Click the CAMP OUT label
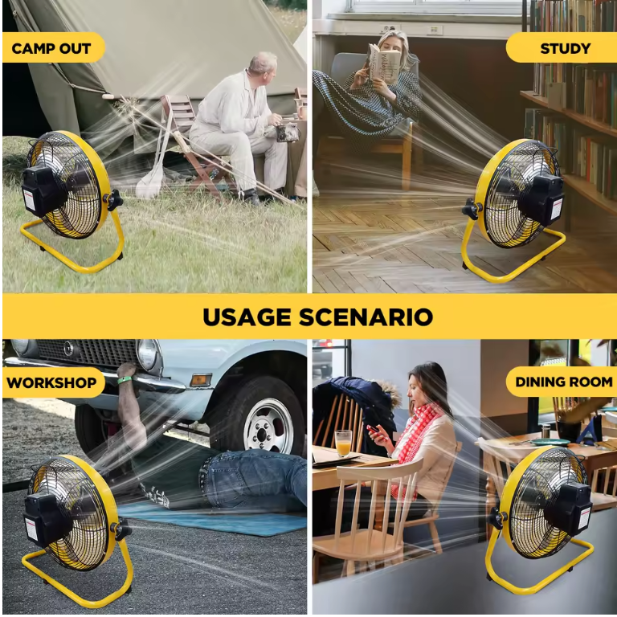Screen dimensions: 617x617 (x=51, y=48)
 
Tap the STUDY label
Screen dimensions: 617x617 (x=566, y=48)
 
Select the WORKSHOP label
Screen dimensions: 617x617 (x=51, y=382)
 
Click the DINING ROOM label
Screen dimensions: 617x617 (x=564, y=382)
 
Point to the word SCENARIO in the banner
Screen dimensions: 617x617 (x=366, y=317)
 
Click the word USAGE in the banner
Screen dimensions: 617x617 (x=247, y=317)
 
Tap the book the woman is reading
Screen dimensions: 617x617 (x=383, y=63)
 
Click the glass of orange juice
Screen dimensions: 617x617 (x=343, y=443)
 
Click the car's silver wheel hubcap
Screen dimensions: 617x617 (x=268, y=427)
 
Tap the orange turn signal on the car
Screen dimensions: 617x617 (x=201, y=380)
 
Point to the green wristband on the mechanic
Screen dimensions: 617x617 (x=125, y=380)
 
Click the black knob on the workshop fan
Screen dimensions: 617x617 (x=122, y=529)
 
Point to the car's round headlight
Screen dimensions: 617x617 (x=149, y=353)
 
